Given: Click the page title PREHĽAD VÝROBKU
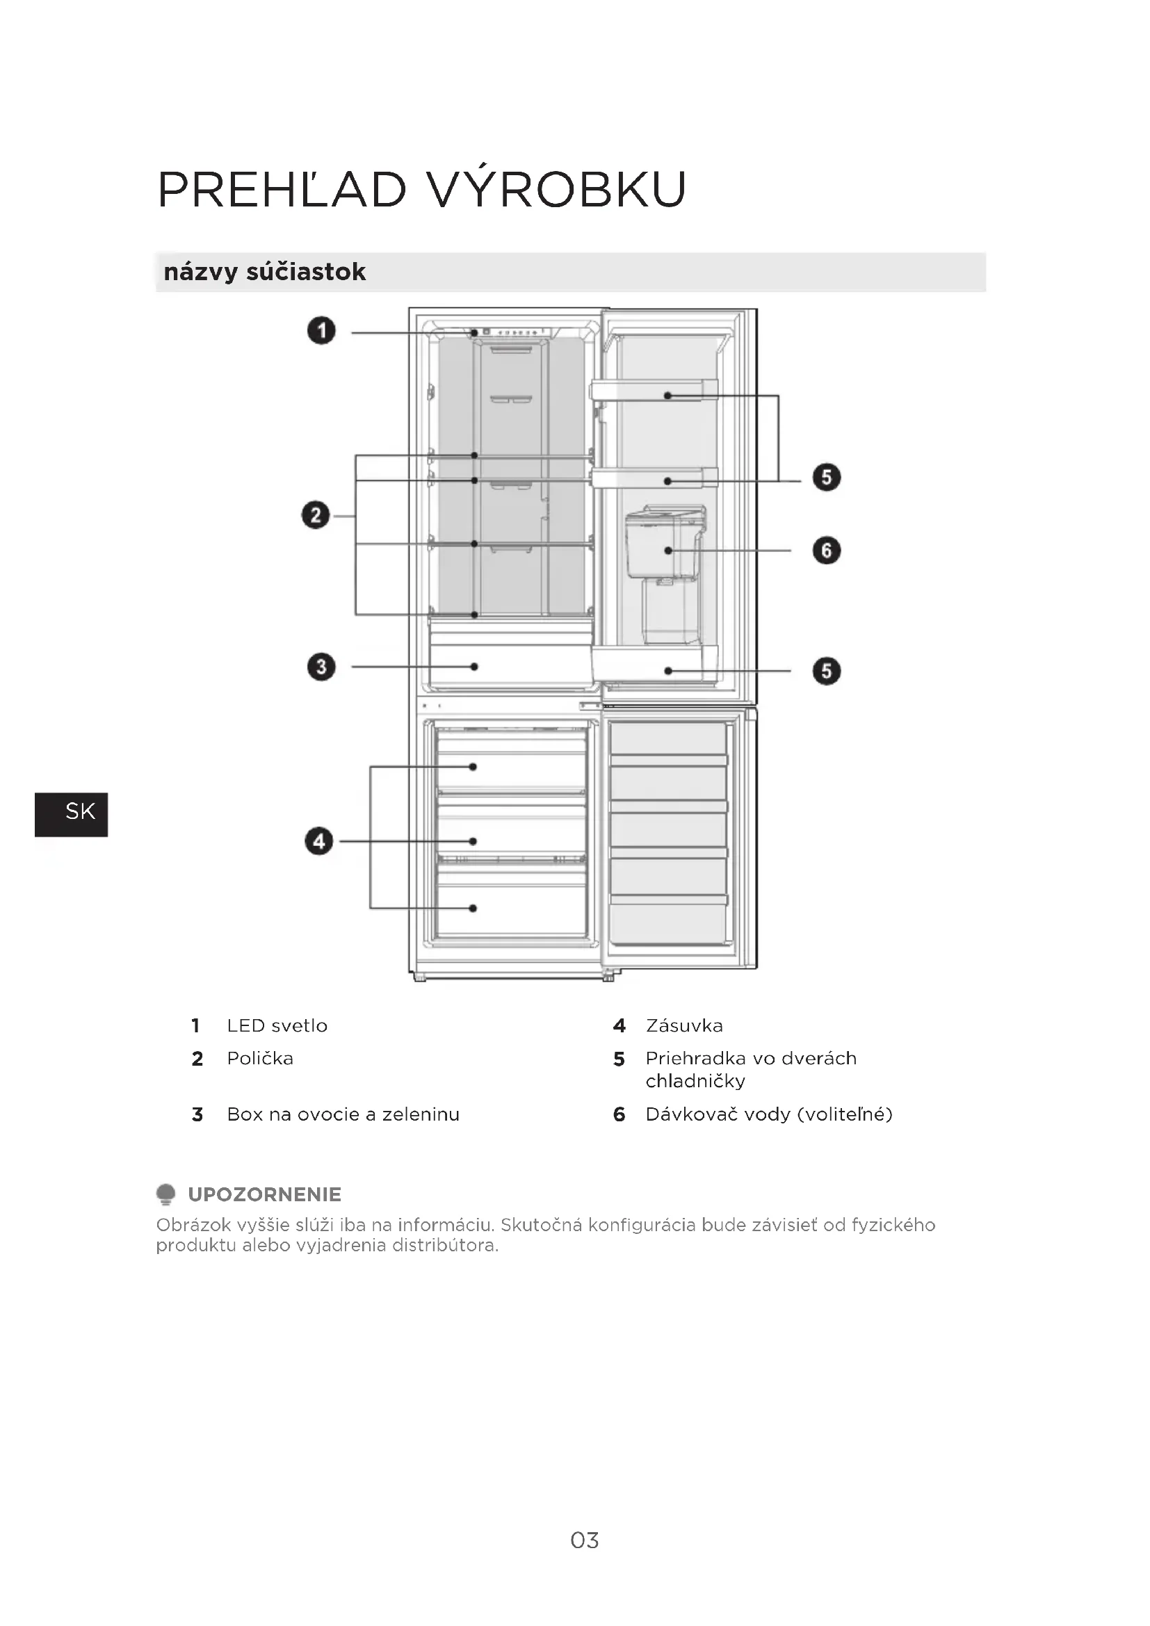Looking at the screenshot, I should pos(422,189).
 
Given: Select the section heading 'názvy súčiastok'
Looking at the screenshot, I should pos(264,272).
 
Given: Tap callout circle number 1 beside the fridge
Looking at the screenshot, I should pos(321,331).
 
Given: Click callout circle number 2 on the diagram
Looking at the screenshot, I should pos(316,515).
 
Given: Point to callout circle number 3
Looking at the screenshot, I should pos(321,667).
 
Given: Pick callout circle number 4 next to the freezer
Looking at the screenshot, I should pos(318,840).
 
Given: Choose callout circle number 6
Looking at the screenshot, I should pos(827,551).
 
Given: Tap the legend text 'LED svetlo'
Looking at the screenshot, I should pos(277,1025).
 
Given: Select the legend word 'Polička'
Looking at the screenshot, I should pos(260,1058).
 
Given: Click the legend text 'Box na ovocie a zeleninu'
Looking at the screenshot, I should pos(343,1114).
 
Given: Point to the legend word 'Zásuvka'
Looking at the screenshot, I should pos(684,1025).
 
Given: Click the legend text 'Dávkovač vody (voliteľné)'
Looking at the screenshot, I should pos(768,1114).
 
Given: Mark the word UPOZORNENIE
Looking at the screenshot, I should pos(264,1195).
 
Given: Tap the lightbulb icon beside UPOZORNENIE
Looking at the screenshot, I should pos(165,1194).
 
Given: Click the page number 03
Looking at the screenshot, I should pos(584,1540).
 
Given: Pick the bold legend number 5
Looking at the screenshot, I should pos(619,1059).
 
